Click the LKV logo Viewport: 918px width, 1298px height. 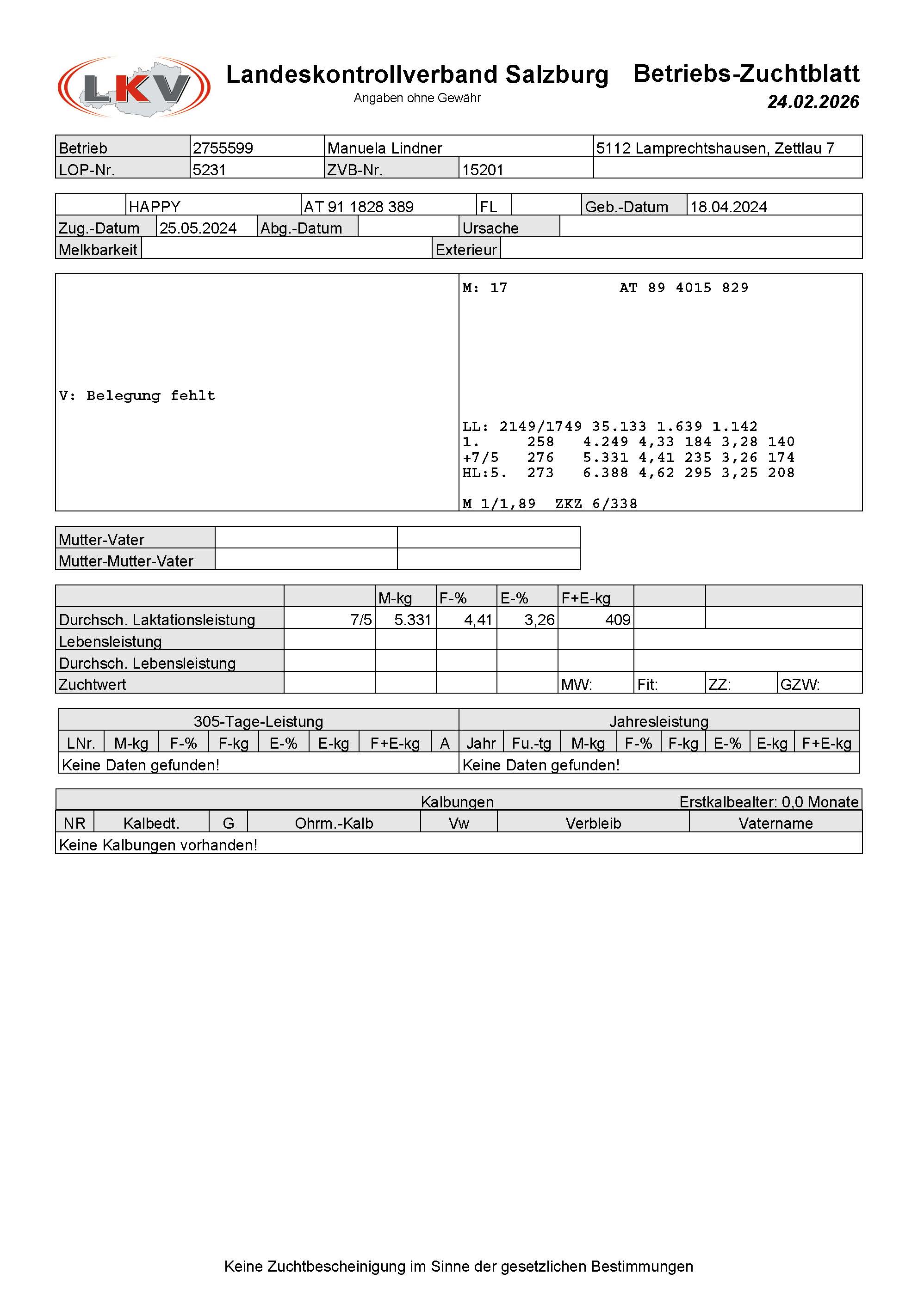[x=134, y=87]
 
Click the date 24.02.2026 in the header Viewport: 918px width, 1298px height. [x=813, y=102]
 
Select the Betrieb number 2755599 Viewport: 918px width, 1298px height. [x=223, y=148]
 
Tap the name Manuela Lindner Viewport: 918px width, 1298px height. [x=385, y=148]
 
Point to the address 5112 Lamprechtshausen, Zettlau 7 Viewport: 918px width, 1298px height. [x=715, y=148]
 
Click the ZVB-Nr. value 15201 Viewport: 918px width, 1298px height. [x=483, y=170]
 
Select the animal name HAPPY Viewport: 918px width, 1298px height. [x=155, y=206]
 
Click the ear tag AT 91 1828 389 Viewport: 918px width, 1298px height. [x=359, y=206]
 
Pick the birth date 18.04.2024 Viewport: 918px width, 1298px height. [x=728, y=206]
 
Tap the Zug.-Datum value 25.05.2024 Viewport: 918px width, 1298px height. [x=198, y=228]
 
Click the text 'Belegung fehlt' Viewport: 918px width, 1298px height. [x=150, y=396]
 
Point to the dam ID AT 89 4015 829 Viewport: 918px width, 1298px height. [x=684, y=288]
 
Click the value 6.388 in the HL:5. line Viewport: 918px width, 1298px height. [x=605, y=473]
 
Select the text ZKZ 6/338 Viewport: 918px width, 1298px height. [x=596, y=504]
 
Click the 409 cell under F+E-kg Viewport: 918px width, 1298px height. [x=618, y=620]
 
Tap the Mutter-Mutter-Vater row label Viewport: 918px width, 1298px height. [x=126, y=561]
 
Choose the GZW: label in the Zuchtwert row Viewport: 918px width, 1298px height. [x=800, y=685]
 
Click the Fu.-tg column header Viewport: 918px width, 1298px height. [x=531, y=744]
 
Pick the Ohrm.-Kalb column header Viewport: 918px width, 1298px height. [x=334, y=823]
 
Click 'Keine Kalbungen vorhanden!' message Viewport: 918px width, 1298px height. [x=158, y=845]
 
